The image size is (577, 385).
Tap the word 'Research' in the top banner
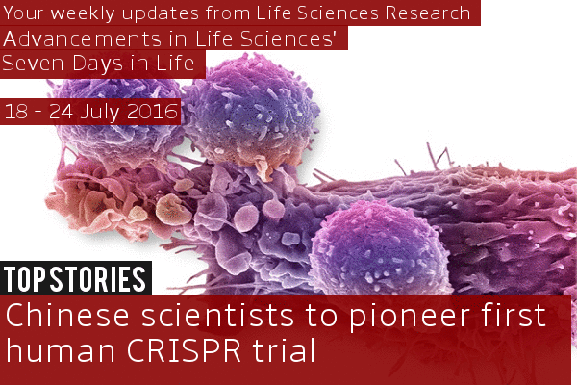(x=428, y=13)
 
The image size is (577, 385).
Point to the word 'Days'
(x=97, y=64)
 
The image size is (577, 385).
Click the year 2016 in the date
(x=152, y=112)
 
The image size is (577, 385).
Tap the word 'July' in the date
(x=100, y=112)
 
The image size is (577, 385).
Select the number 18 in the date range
(x=16, y=112)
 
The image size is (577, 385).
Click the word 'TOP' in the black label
(x=25, y=279)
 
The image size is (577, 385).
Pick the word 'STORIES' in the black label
(x=98, y=279)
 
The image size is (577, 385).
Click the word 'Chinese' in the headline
(x=67, y=316)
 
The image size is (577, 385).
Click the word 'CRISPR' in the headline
(x=184, y=350)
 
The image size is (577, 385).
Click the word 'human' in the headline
(x=61, y=350)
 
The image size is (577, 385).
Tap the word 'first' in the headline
(x=514, y=315)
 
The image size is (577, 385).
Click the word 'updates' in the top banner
(x=161, y=14)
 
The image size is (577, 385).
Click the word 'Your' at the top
(x=24, y=13)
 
